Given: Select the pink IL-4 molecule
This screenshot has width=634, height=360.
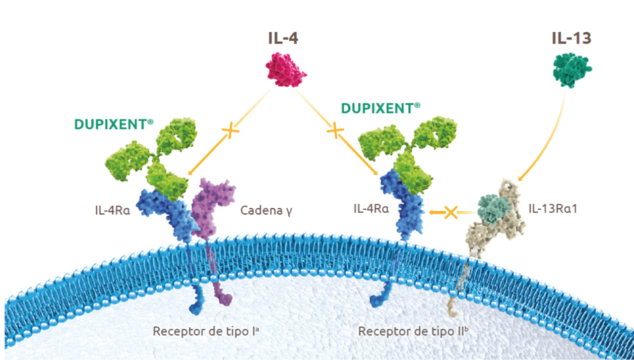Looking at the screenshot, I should point(285,73).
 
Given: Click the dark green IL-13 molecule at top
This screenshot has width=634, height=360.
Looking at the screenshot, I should point(572,70).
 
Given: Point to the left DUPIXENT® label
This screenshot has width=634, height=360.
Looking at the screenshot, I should point(114,125).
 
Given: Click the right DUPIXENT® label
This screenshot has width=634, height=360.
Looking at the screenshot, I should point(381,108).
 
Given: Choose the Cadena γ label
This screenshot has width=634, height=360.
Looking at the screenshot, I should point(266,210).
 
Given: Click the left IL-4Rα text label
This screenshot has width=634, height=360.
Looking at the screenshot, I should point(112,210).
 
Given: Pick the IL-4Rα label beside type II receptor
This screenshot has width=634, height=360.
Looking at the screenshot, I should point(371,207).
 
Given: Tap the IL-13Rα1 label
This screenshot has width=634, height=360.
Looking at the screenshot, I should point(552,207).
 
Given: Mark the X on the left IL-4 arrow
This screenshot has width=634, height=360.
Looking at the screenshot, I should point(230,132).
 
